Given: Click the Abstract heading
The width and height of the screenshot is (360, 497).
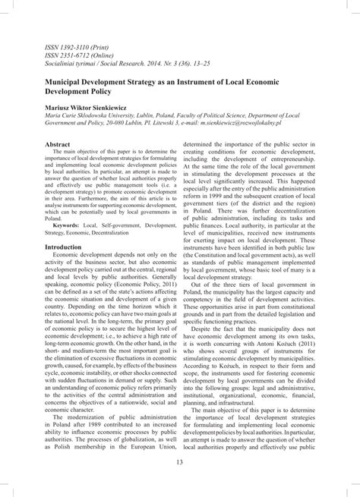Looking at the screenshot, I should [58, 143].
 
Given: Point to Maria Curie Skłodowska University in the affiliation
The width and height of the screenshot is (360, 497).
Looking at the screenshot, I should [97, 109].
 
